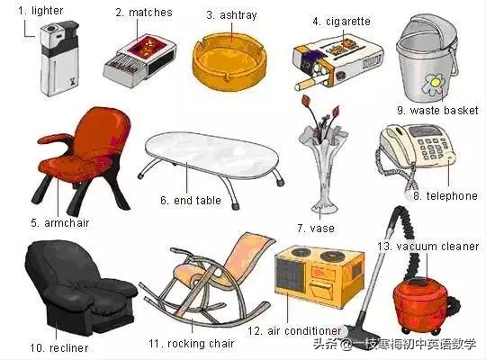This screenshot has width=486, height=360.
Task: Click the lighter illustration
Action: pos(59,58)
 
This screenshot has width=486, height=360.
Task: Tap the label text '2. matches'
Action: pos(144,13)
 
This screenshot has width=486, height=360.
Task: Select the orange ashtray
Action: pos(229,62)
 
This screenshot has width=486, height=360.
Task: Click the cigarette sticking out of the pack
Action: pos(309,84)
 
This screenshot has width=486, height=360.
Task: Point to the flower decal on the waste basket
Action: pos(434,84)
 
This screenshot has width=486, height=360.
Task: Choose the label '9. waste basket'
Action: pos(437,111)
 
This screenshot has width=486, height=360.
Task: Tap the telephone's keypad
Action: pos(432,148)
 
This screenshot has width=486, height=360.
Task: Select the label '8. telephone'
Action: pos(445,196)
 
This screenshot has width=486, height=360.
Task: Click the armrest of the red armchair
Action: pos(56,139)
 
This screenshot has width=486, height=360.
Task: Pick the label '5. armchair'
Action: pos(59,223)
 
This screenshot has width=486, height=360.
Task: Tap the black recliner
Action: pos(80,288)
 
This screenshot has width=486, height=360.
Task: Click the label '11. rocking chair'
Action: pos(191,344)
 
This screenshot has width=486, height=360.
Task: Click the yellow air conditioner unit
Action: pos(319,276)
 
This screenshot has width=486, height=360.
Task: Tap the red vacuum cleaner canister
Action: pos(421,304)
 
